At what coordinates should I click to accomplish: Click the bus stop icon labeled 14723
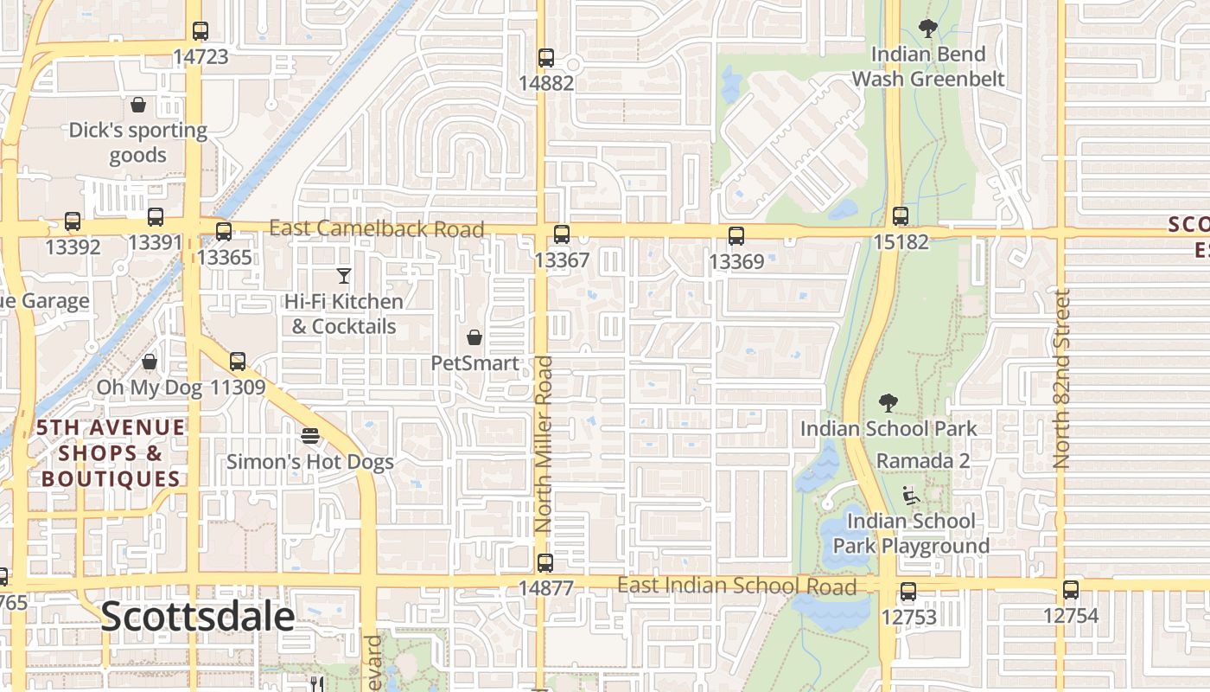click(201, 31)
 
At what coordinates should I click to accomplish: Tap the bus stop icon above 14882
click(546, 58)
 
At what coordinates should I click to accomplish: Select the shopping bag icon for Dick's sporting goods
click(138, 105)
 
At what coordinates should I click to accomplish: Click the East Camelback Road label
click(376, 229)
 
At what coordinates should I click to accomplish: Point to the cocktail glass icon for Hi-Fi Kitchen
click(344, 276)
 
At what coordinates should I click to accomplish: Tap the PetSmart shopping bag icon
click(474, 337)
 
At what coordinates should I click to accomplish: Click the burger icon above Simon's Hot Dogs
click(310, 436)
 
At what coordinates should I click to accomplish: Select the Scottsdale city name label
click(198, 617)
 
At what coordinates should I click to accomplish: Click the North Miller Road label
click(543, 444)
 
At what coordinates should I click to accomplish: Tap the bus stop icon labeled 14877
click(545, 563)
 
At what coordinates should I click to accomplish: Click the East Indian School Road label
click(736, 586)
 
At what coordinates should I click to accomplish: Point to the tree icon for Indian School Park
click(888, 403)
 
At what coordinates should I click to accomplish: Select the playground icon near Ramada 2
click(910, 496)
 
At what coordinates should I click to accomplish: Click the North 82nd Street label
click(1062, 379)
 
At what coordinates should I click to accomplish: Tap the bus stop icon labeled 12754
click(1071, 590)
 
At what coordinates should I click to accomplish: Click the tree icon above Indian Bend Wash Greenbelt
click(928, 29)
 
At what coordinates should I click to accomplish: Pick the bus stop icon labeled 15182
click(901, 216)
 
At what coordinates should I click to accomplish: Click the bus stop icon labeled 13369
click(736, 235)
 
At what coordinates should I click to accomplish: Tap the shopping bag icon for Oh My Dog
click(150, 362)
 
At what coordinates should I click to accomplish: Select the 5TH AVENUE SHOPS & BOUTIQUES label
click(111, 453)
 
